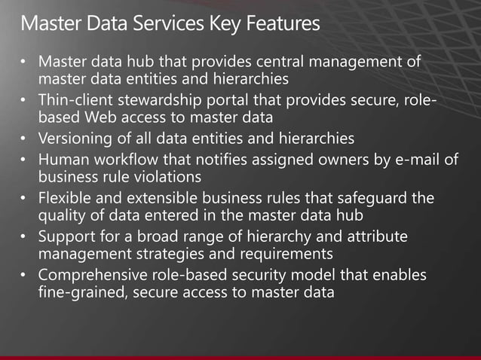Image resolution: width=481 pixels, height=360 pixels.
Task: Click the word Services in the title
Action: coord(163,24)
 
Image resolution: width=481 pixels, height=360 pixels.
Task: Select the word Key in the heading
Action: coord(225,24)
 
